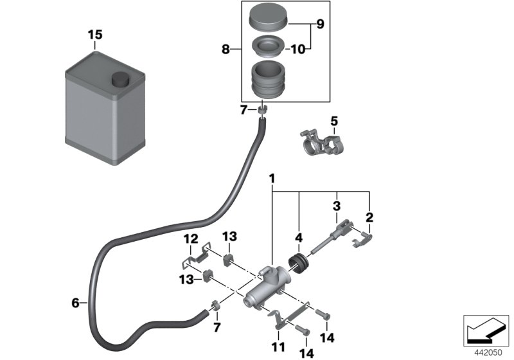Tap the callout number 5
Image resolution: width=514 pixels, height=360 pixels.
[333, 120]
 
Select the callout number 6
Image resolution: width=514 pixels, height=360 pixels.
[75, 302]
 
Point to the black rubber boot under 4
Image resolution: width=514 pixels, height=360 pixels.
[299, 263]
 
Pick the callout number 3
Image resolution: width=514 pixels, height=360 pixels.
[336, 206]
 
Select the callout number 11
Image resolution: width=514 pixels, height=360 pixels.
[278, 348]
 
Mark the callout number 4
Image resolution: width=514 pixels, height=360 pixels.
[299, 238]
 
